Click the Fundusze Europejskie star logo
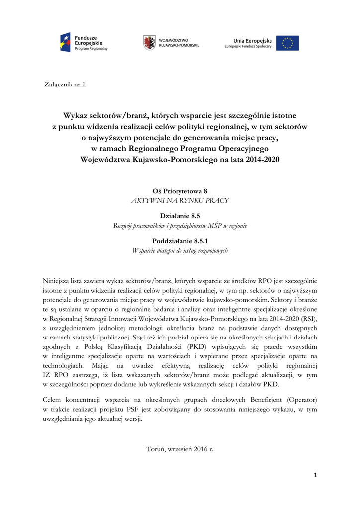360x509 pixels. click(65, 42)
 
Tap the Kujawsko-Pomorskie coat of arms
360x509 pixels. click(148, 42)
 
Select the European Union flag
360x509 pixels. click(288, 43)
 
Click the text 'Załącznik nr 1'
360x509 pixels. click(65, 84)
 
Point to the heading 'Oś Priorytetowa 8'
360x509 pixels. click(180, 191)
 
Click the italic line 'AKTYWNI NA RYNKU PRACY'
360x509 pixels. click(180, 200)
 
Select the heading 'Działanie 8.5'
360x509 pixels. click(180, 216)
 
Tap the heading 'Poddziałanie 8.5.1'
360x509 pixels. click(180, 241)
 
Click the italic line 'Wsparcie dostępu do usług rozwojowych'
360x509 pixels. click(180, 251)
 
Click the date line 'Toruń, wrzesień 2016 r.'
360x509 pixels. click(180, 449)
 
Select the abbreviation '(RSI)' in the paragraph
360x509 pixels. click(307, 319)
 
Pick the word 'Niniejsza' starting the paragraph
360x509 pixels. click(57, 281)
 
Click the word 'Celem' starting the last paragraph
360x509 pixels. click(53, 400)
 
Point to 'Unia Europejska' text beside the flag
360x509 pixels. click(253, 40)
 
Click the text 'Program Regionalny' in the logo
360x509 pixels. click(91, 49)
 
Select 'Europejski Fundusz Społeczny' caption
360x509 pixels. click(248, 47)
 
